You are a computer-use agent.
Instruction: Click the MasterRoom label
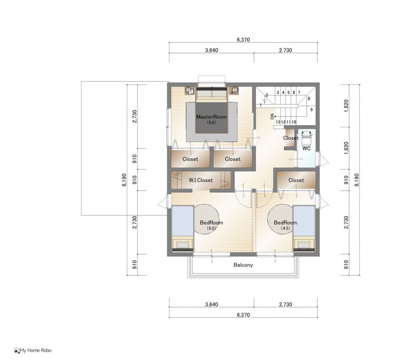pos(211,117)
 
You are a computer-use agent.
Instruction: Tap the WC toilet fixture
pos(307,138)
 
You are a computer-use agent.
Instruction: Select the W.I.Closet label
pos(201,180)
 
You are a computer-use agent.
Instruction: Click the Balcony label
pos(243,265)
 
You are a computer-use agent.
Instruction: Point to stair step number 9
pos(311,109)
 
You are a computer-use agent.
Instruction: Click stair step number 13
pos(278,122)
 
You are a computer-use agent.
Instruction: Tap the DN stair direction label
pos(272,117)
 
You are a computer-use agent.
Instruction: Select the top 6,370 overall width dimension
pos(243,40)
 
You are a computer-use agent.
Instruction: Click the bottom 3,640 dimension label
pos(212,304)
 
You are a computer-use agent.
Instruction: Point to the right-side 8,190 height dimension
pos(356,180)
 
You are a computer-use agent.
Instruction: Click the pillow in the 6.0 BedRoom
pos(182,245)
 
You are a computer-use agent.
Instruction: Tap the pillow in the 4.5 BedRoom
pos(304,245)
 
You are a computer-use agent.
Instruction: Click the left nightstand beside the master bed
pos(189,91)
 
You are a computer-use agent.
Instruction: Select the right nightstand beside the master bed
pos(234,91)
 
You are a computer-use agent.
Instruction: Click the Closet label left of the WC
pos(291,138)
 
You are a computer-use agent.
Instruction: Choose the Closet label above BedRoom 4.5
pos(296,180)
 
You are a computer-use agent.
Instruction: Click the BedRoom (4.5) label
pos(285,225)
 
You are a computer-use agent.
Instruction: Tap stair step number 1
pos(261,105)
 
